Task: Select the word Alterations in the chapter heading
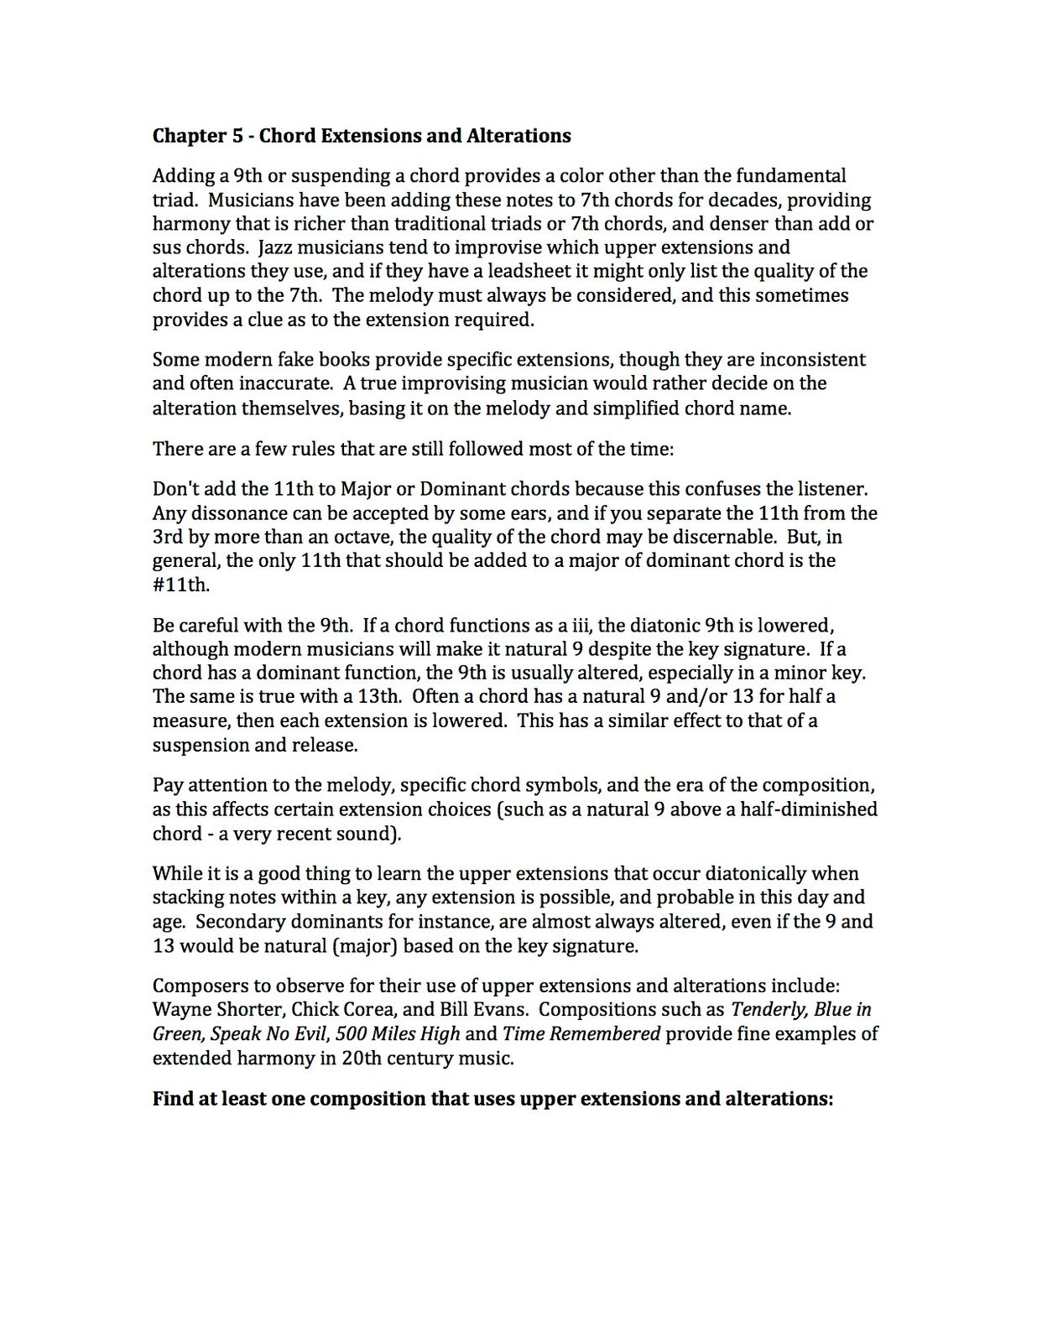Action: [520, 136]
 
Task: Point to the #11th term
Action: [180, 585]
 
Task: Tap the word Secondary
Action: [239, 922]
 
